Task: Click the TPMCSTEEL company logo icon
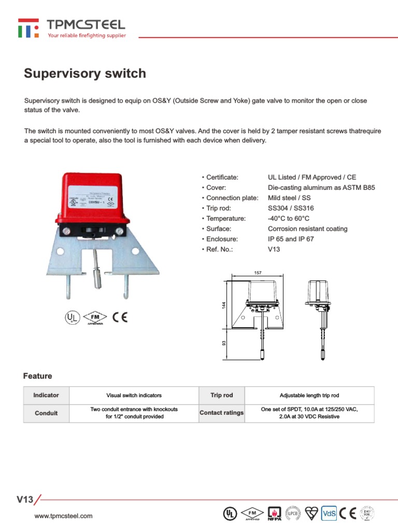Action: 28,28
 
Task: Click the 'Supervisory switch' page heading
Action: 85,74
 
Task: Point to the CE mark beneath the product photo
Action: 120,317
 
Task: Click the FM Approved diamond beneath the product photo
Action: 94,317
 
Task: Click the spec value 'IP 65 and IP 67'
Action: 291,239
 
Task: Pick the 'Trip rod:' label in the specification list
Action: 223,208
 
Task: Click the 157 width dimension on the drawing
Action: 258,272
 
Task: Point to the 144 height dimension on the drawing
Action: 224,306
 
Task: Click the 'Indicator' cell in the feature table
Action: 46,395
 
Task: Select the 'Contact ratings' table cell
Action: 221,413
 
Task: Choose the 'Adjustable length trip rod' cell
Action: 309,395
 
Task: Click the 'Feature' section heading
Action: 38,376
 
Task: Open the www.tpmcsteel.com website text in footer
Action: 63,515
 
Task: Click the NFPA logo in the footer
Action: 274,513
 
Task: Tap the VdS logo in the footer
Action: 329,513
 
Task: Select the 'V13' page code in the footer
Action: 25,500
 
